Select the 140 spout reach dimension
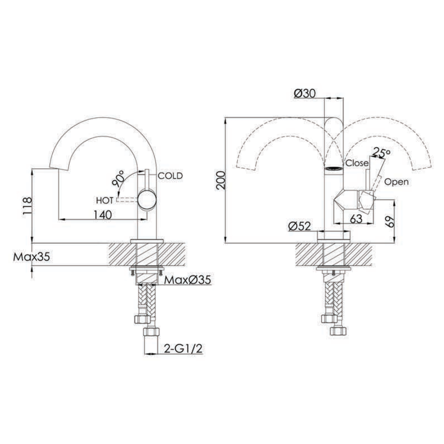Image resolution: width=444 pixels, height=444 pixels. coord(103,215)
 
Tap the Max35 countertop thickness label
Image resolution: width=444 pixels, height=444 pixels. coord(31,257)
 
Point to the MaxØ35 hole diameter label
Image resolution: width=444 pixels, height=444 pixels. coord(188,280)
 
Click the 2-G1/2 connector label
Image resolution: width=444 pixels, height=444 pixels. coord(184,349)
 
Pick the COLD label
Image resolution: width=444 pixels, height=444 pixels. coord(170,176)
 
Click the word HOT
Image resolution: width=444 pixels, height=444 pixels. coord(104,201)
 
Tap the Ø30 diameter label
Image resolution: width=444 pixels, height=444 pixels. coord(305,94)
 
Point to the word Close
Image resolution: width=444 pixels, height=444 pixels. coord(357,163)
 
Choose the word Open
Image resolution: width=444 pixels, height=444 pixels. coord(396,182)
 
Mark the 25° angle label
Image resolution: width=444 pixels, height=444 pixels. coord(381,152)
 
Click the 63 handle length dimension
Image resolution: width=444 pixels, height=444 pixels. coord(356,219)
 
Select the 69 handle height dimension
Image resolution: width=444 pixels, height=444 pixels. coord(390,221)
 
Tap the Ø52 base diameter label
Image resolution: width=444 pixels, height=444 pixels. coord(299,226)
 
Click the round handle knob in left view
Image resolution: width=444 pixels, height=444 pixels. coord(147,200)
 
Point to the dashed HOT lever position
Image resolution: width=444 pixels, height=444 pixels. coord(127,200)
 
